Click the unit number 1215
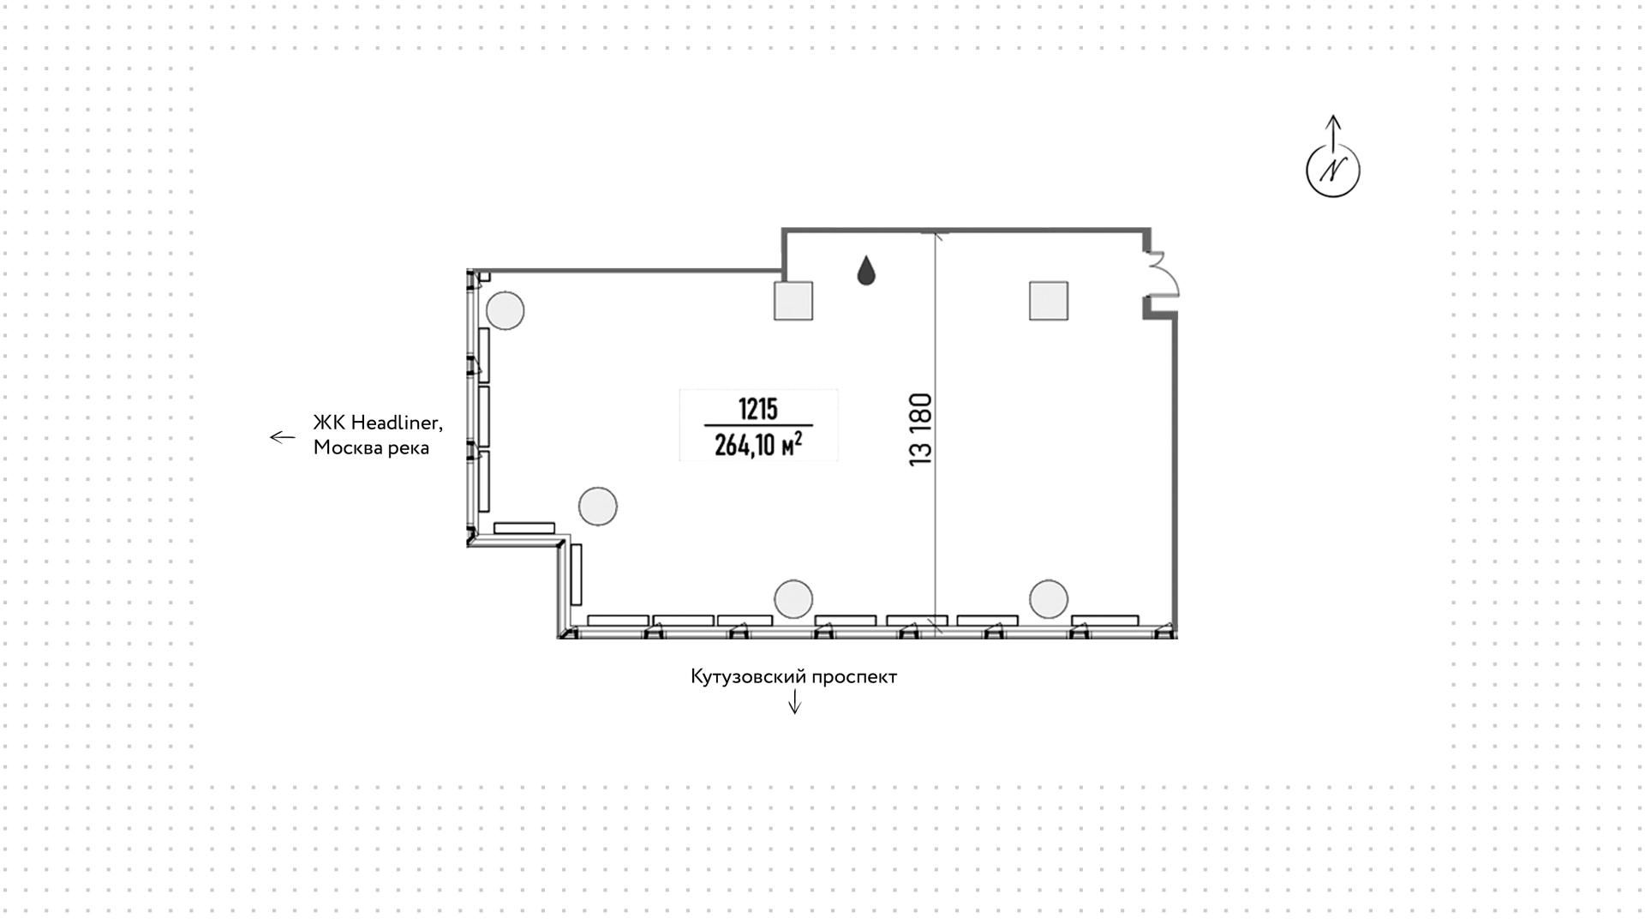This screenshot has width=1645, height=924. (757, 409)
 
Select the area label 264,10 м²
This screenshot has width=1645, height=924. (758, 444)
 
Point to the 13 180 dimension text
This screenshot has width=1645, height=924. (921, 429)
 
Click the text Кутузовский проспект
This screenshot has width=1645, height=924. (793, 676)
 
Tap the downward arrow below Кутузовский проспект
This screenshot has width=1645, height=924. (794, 702)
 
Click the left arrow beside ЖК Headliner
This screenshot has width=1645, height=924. (283, 437)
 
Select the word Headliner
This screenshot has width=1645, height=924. (397, 423)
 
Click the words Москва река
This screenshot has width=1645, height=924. (371, 447)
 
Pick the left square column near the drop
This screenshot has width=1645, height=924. (793, 301)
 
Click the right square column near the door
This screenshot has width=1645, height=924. (1049, 301)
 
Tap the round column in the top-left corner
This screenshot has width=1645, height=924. (505, 310)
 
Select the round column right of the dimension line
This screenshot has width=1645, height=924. (1049, 599)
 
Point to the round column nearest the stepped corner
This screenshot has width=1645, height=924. (597, 506)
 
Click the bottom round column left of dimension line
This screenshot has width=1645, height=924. (793, 599)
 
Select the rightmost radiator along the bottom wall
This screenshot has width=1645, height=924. (1105, 621)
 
